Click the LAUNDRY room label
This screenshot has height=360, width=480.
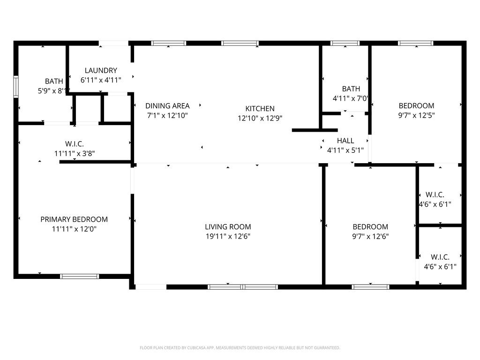tap(101, 70)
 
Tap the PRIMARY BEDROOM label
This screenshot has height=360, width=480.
tap(74, 219)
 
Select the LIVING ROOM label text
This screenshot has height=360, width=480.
tap(228, 227)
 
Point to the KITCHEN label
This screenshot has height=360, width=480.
tap(260, 109)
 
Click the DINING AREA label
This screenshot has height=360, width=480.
tap(167, 106)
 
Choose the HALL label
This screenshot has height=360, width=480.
tap(345, 141)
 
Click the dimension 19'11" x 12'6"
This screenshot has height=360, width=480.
tap(228, 237)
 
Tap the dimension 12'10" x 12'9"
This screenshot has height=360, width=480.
tap(260, 119)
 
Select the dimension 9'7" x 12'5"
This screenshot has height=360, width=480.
tap(416, 115)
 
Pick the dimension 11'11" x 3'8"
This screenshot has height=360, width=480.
tap(75, 153)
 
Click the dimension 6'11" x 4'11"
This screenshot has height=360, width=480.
tap(101, 80)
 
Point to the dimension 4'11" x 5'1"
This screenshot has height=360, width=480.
tap(345, 150)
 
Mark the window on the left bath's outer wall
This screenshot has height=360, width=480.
tap(16, 86)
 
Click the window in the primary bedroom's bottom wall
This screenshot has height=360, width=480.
tap(80, 277)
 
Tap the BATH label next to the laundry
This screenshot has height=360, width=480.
tap(54, 82)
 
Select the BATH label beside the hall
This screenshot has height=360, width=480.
tap(351, 89)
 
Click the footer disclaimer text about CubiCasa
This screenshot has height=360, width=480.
tap(240, 348)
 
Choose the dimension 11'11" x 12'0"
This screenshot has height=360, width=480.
tap(74, 229)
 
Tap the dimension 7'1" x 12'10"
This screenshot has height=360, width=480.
tap(167, 115)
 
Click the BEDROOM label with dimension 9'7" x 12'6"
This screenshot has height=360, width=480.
tap(370, 227)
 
